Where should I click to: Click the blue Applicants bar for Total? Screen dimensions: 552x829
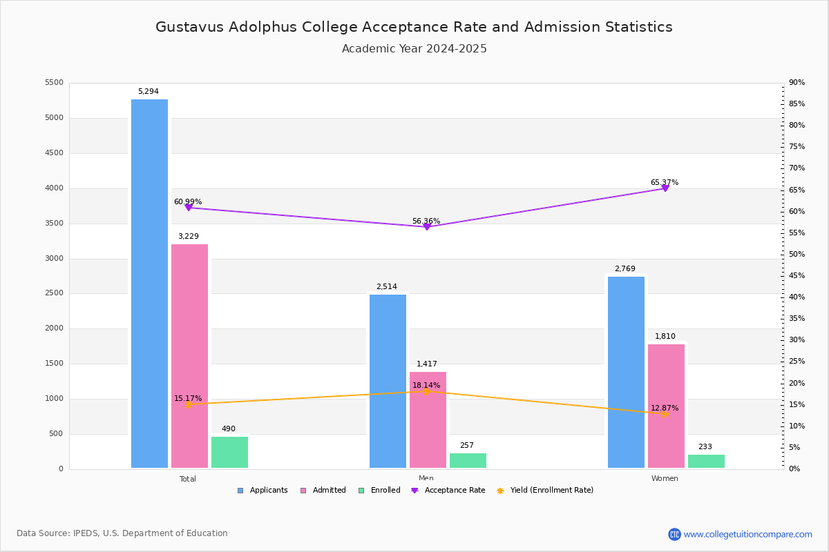click(149, 284)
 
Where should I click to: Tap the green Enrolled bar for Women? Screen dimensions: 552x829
click(706, 461)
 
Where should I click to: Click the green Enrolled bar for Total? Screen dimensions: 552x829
click(229, 452)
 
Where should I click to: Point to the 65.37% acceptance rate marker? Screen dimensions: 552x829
click(665, 188)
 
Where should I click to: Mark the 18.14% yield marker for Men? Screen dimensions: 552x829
click(426, 391)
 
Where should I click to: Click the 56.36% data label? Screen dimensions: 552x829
click(426, 221)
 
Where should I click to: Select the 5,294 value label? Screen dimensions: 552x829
click(148, 92)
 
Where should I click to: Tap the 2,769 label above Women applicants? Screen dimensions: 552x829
click(625, 269)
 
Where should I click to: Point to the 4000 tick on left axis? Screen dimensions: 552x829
click(54, 188)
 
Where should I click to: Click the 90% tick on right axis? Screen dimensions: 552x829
click(797, 83)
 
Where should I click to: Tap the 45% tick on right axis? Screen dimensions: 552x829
click(797, 276)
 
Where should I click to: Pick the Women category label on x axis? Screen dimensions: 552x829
click(665, 479)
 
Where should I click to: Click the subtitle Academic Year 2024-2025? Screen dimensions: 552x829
click(414, 49)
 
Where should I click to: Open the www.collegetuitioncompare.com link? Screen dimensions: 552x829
click(747, 534)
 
